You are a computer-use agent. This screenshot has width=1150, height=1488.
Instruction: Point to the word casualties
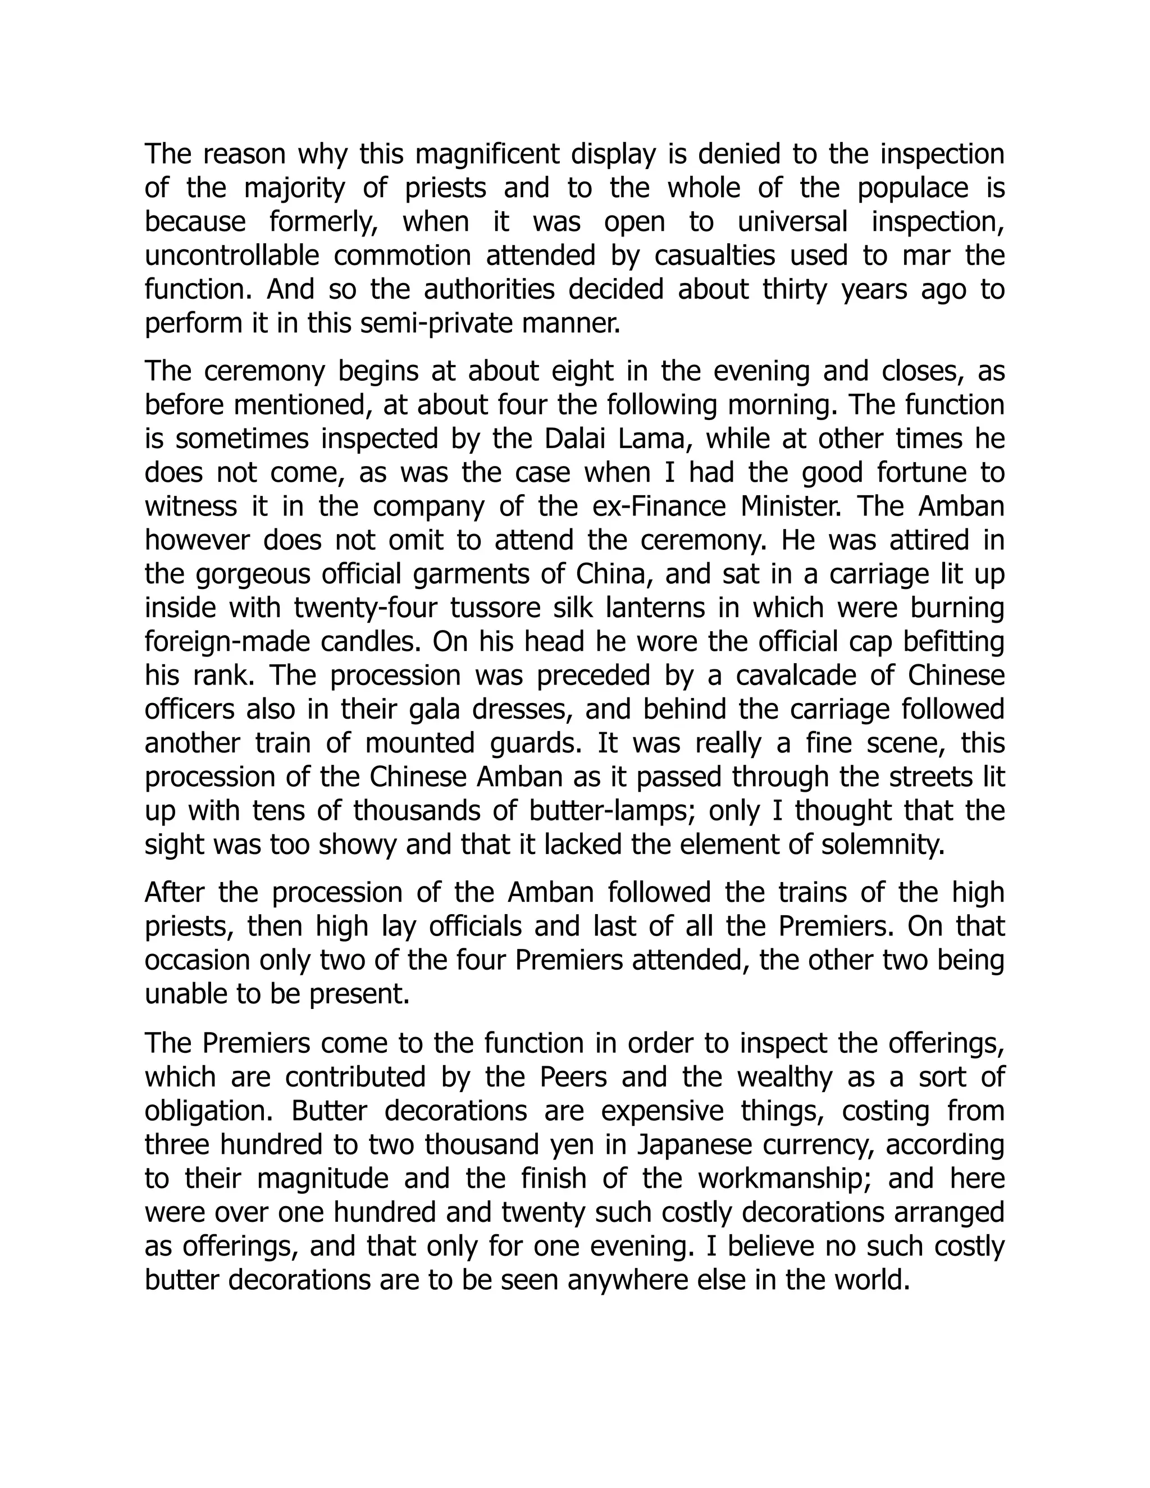715,256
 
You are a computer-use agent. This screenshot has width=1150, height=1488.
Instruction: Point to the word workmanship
786,1179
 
